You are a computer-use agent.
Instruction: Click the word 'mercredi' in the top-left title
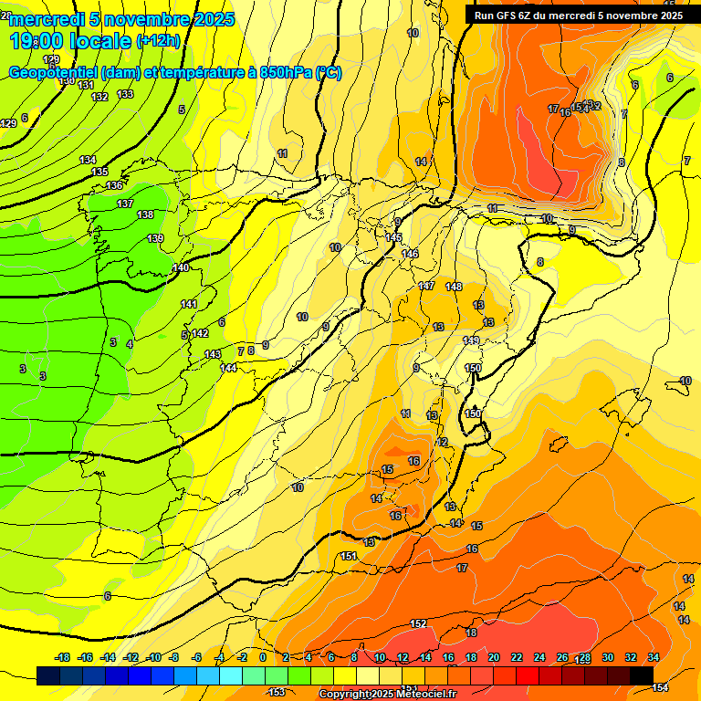[x=41, y=19]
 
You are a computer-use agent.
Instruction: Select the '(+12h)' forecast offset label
[x=158, y=40]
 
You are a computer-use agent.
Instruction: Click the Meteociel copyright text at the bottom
[x=388, y=695]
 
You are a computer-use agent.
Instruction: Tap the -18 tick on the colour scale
[x=62, y=657]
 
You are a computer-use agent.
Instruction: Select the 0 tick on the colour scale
[x=263, y=657]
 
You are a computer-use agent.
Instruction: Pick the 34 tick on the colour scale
[x=654, y=657]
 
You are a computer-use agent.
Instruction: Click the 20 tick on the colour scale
[x=494, y=657]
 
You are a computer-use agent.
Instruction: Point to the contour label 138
[x=145, y=214]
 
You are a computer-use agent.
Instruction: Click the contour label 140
[x=181, y=267]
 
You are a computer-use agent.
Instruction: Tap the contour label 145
[x=393, y=237]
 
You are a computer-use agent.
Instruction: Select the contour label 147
[x=426, y=287]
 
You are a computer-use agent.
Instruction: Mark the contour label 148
[x=454, y=287]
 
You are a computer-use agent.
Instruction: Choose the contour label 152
[x=418, y=623]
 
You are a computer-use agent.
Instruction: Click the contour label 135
[x=99, y=172]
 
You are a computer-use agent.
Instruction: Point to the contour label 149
[x=471, y=340]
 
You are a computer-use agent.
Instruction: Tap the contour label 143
[x=213, y=354]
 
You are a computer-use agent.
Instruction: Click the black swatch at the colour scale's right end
[x=642, y=675]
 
